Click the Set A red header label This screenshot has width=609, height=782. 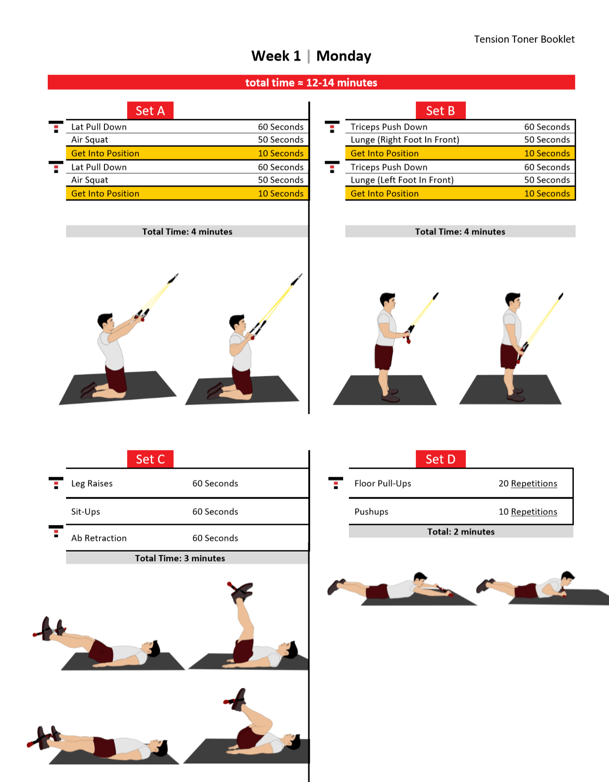point(150,111)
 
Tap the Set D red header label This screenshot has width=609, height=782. point(440,459)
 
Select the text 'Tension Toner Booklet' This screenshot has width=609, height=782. point(524,39)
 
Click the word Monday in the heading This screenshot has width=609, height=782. point(344,56)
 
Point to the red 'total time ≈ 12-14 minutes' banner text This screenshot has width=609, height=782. point(311,83)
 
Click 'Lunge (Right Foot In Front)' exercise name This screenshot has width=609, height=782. point(405,140)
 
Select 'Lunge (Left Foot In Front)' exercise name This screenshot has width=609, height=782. point(402,180)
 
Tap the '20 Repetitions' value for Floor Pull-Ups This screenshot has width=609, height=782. point(527,483)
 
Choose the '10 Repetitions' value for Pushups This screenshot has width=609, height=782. point(527,512)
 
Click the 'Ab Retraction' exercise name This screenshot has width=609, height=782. point(99,538)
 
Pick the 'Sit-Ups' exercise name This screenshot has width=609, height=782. point(86,512)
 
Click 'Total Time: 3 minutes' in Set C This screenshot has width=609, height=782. point(180,558)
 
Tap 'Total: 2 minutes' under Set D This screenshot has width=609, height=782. point(461,532)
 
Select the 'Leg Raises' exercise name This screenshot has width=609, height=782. point(92,483)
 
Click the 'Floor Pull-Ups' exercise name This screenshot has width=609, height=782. point(383,483)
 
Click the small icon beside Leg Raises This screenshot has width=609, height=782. point(56,483)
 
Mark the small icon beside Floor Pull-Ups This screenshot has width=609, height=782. point(336,483)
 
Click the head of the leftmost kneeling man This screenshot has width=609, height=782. point(106,321)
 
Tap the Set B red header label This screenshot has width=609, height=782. point(440,111)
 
